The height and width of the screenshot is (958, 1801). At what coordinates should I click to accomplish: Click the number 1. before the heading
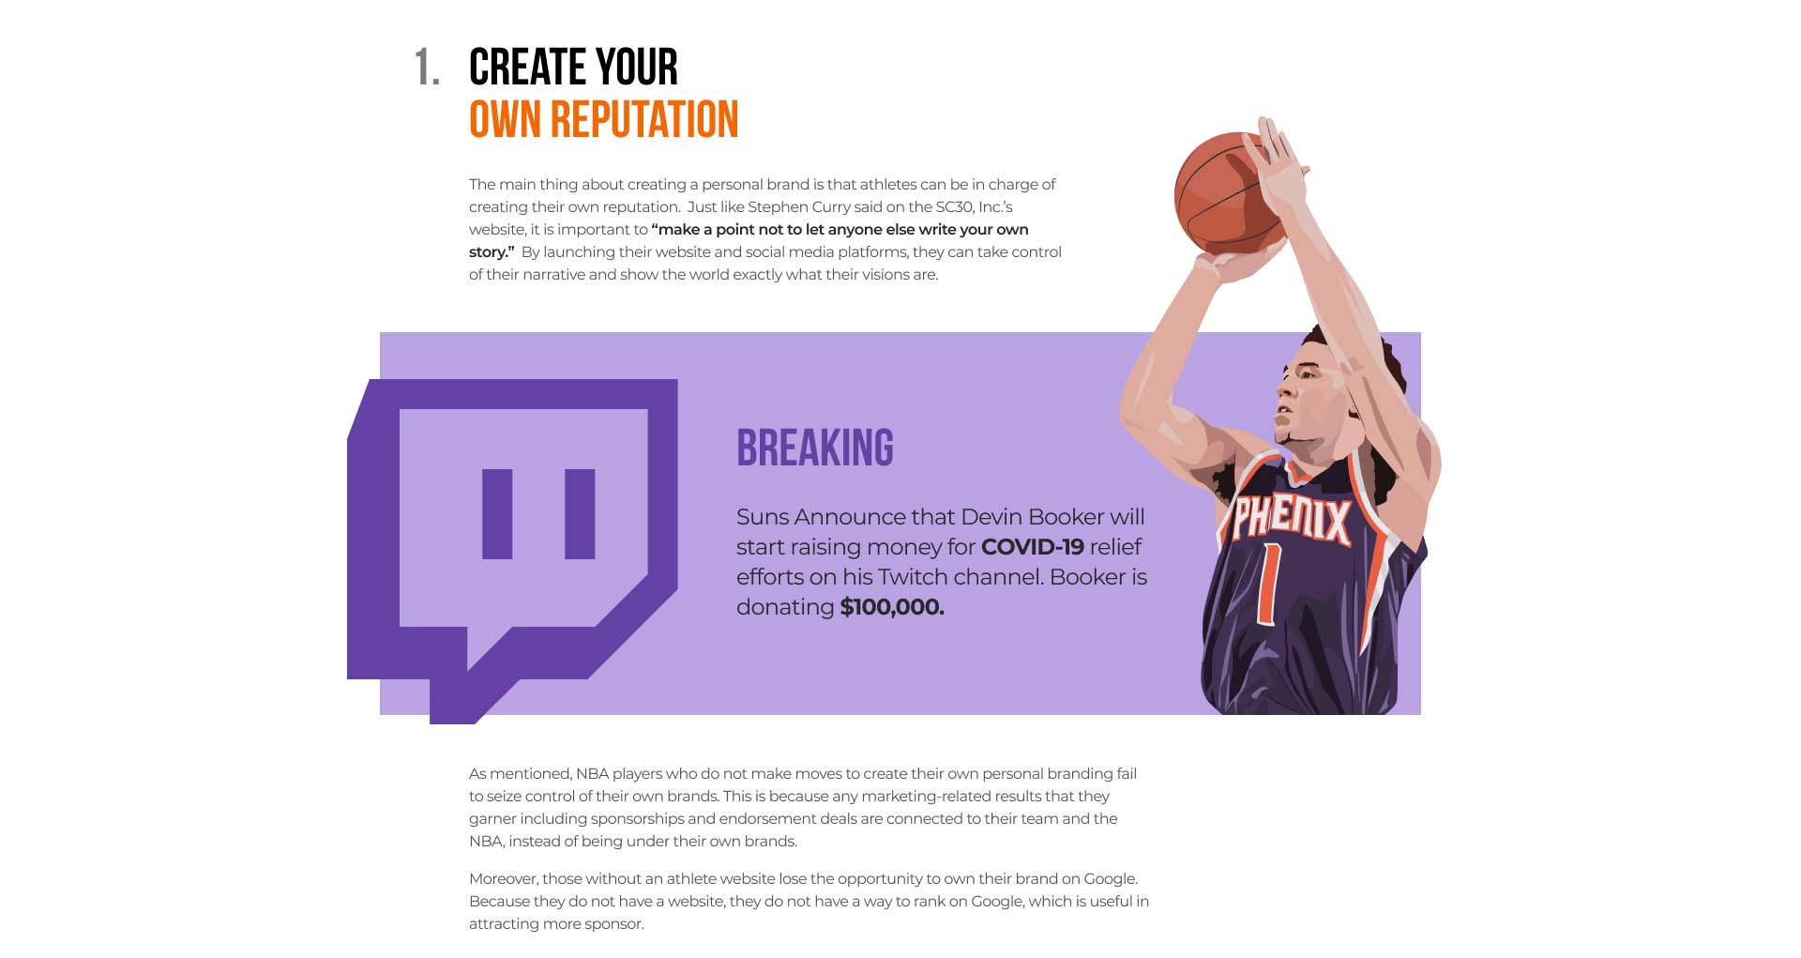point(427,68)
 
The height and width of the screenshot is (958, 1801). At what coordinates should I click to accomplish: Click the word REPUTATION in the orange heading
point(644,120)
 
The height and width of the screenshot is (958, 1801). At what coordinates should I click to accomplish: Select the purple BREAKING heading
point(815,448)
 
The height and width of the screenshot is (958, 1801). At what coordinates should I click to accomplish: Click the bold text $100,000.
point(892,607)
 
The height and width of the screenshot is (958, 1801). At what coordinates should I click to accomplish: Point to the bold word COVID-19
point(1033,547)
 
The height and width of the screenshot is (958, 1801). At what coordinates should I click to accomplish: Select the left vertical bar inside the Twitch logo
point(497,514)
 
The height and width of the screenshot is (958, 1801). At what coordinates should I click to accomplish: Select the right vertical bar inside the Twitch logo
point(580,514)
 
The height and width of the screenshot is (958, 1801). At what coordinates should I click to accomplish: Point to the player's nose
point(1281,404)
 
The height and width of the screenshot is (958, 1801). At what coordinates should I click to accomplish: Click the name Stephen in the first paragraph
point(779,207)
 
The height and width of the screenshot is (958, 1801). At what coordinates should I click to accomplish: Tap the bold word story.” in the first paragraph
point(492,252)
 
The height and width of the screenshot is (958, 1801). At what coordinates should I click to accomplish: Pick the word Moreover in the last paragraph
point(504,879)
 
